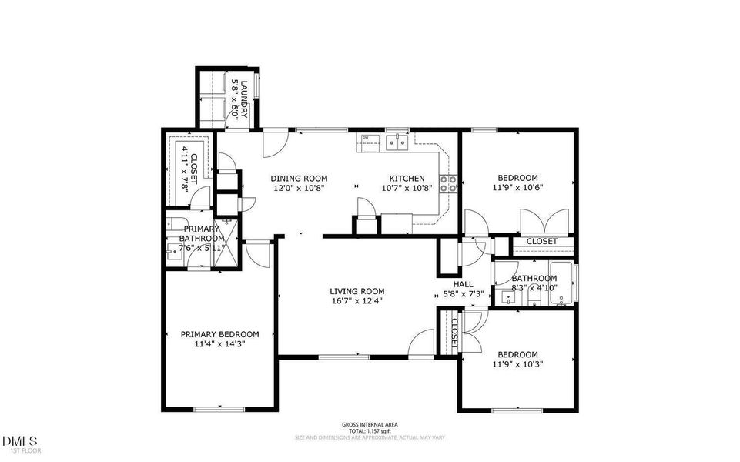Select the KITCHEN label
(407, 178)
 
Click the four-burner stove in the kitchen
(448, 183)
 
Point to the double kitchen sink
(397, 140)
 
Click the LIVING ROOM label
(357, 291)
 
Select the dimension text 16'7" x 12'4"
(357, 301)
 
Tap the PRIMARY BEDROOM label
(219, 334)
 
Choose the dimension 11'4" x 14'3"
(219, 344)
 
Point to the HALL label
(463, 284)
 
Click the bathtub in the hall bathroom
(565, 284)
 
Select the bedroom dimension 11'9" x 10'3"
(516, 364)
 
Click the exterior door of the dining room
(274, 142)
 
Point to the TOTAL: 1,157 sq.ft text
(369, 431)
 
